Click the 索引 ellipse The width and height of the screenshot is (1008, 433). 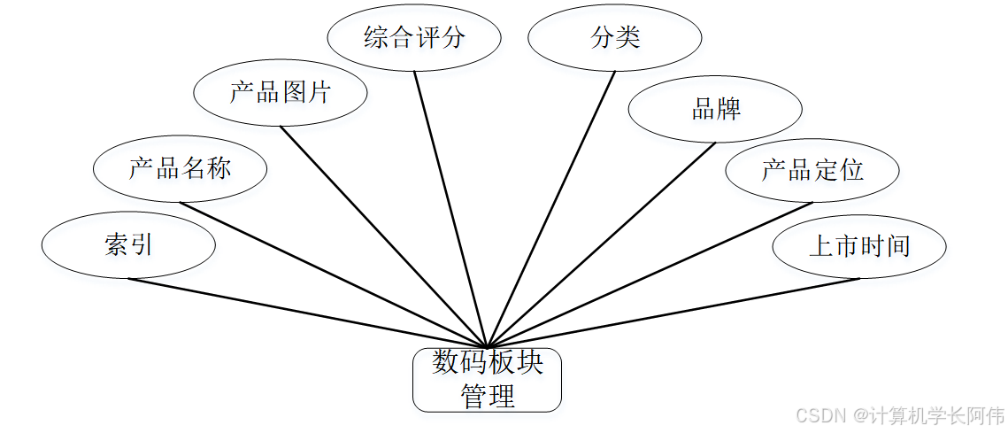pyautogui.click(x=128, y=245)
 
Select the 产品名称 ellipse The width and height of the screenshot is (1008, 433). pyautogui.click(x=180, y=168)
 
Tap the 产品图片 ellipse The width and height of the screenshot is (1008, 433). pyautogui.click(x=280, y=91)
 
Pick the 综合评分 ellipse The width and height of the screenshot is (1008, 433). pyautogui.click(x=413, y=38)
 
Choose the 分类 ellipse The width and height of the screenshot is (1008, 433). pyautogui.click(x=615, y=38)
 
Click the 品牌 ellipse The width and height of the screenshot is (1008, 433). pyautogui.click(x=715, y=109)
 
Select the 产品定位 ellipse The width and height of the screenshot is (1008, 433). pyautogui.click(x=812, y=169)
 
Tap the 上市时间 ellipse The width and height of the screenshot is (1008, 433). pyautogui.click(x=859, y=245)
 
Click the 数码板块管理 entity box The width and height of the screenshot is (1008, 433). pyautogui.click(x=487, y=380)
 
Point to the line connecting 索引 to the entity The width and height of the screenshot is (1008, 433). pyautogui.click(x=307, y=313)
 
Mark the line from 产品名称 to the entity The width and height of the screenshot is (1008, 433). pyautogui.click(x=333, y=274)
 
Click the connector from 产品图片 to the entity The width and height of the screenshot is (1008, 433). pyautogui.click(x=383, y=236)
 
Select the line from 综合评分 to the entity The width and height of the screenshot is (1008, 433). pyautogui.click(x=450, y=209)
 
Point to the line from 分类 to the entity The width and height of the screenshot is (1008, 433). pyautogui.click(x=550, y=209)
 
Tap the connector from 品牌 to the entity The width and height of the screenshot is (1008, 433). pyautogui.click(x=601, y=244)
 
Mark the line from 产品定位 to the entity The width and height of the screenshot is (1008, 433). pyautogui.click(x=650, y=274)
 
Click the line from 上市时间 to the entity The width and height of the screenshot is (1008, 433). pyautogui.click(x=673, y=313)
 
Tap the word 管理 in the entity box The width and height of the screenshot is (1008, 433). pyautogui.click(x=487, y=396)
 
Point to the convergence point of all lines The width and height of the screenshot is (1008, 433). pyautogui.click(x=487, y=346)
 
